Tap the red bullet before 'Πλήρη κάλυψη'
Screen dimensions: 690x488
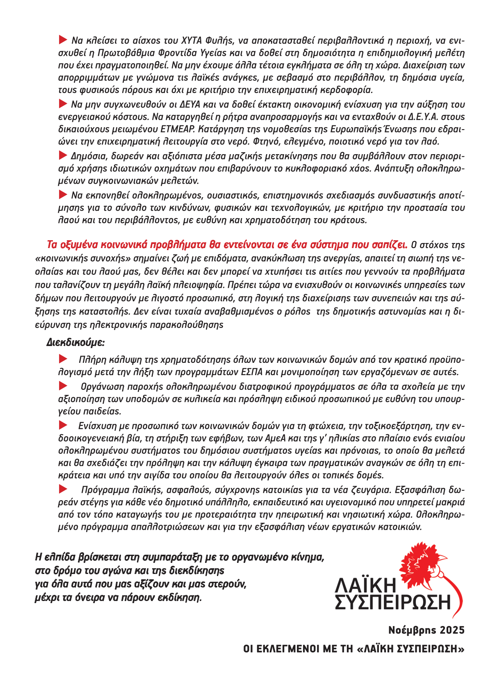click(x=63, y=360)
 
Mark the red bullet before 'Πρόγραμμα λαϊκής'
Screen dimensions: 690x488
click(x=63, y=489)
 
